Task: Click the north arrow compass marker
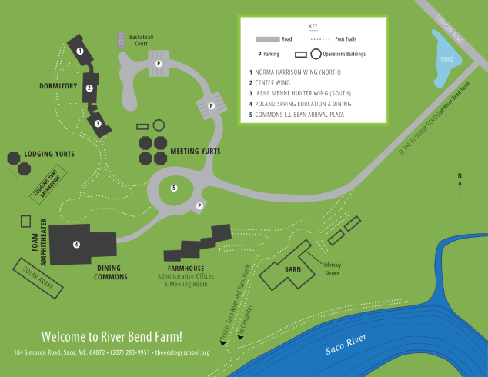click(x=460, y=185)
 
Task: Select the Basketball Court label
click(x=142, y=40)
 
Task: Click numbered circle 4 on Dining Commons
click(x=76, y=245)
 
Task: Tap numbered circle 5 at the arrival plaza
click(x=174, y=188)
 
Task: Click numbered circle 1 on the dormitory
click(x=80, y=51)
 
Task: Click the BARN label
click(x=292, y=269)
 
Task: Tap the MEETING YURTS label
click(x=195, y=152)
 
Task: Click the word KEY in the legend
click(x=313, y=26)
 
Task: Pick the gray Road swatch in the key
click(x=267, y=38)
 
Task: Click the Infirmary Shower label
click(x=333, y=269)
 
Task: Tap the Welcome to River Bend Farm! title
click(x=112, y=336)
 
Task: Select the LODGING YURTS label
click(x=49, y=154)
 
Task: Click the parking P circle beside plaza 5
click(x=199, y=205)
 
